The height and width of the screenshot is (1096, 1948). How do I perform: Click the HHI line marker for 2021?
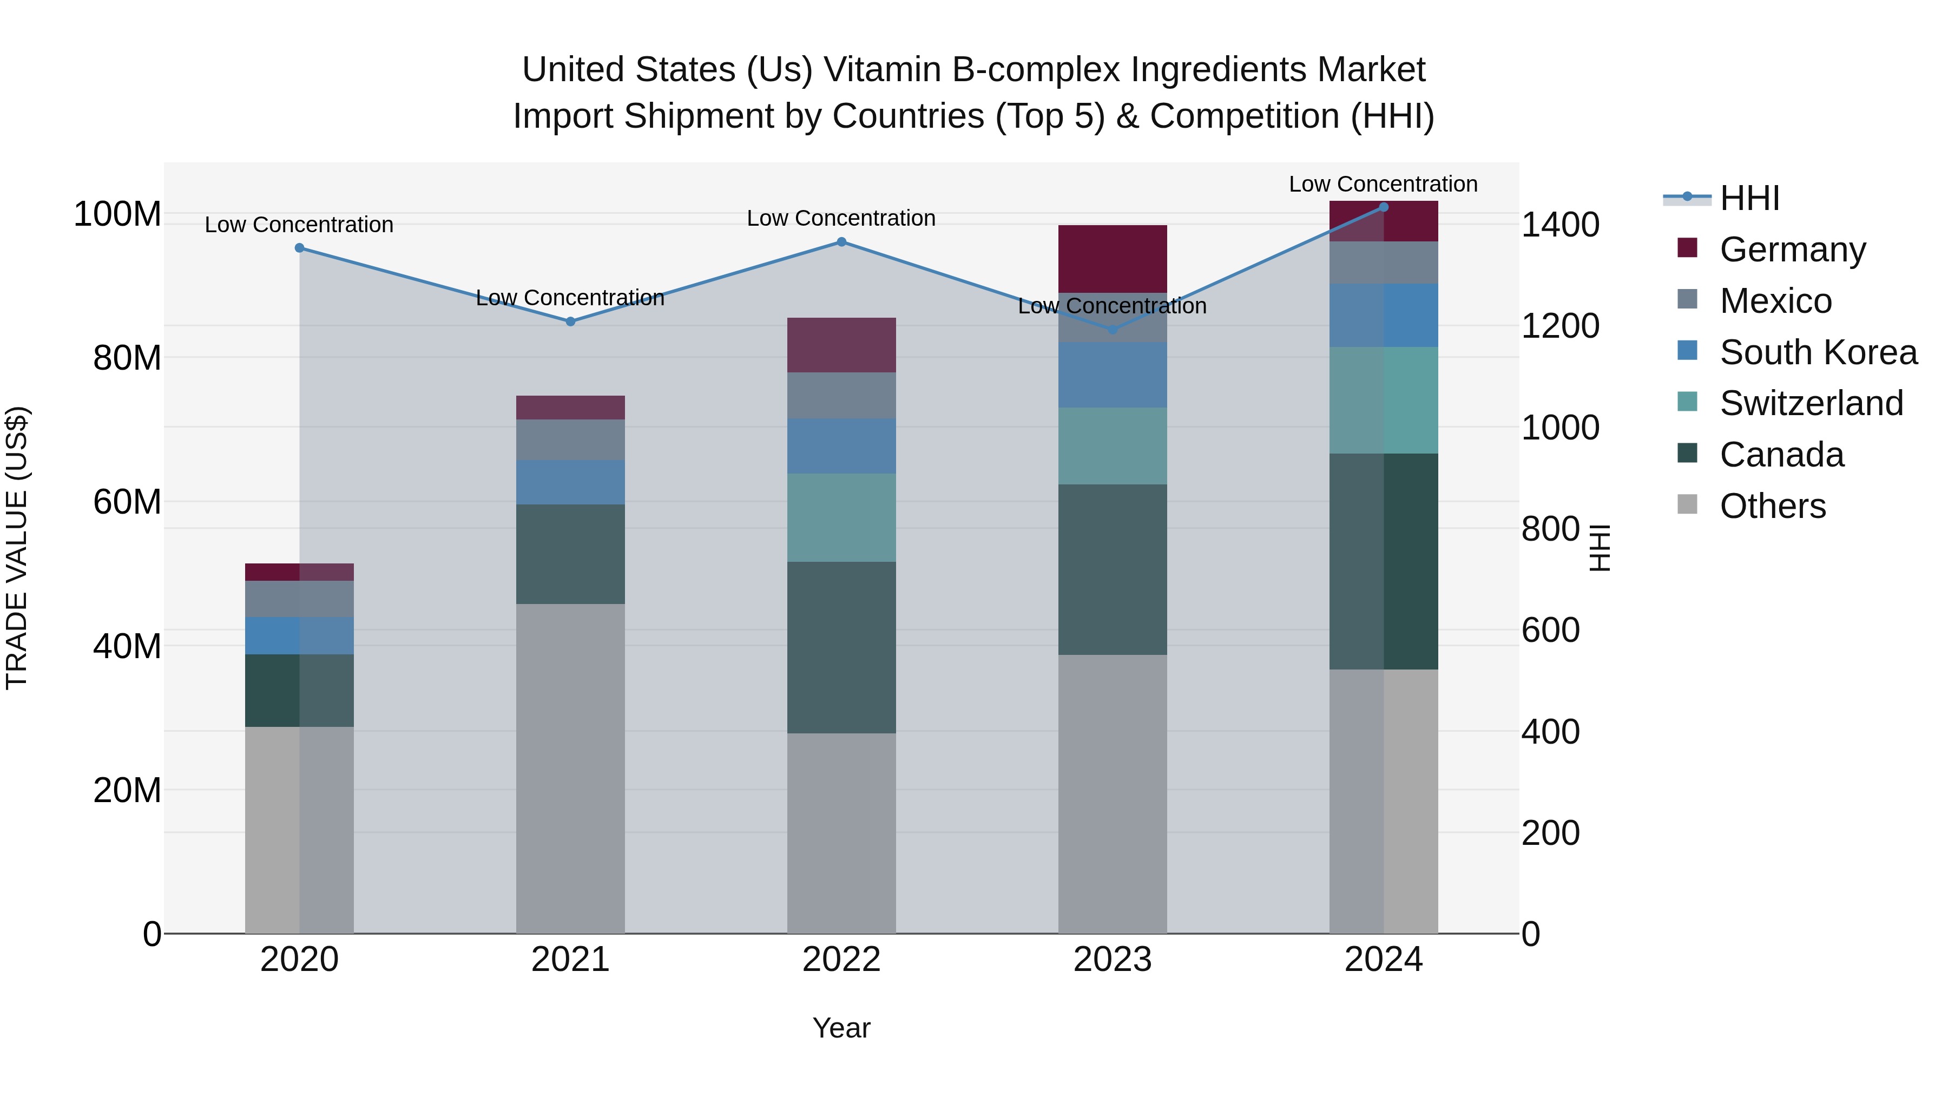click(570, 321)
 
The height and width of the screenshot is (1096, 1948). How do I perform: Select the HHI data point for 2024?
click(1383, 207)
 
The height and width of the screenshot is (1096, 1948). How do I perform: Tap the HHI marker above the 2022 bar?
click(841, 242)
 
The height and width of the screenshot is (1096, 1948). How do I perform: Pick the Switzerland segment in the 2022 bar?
click(841, 517)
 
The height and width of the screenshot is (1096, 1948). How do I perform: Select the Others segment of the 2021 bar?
click(570, 767)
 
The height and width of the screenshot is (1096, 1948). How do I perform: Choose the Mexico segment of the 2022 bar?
click(841, 395)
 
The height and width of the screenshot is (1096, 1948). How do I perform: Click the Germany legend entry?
click(1792, 250)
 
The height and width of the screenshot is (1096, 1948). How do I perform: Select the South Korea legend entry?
click(1818, 352)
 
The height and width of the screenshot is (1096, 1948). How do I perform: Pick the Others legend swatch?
click(1687, 504)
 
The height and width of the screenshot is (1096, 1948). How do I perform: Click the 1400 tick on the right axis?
click(1559, 225)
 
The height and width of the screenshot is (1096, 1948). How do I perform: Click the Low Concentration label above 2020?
click(299, 225)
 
